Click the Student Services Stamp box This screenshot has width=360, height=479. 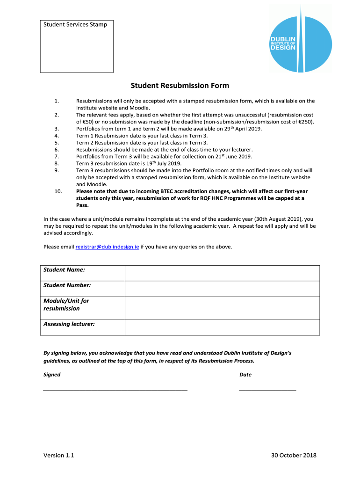point(77,46)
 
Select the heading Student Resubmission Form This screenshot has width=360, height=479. point(180,86)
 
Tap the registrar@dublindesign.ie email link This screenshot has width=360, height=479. point(107,247)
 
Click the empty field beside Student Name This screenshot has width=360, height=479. point(222,273)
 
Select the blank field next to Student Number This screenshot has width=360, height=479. point(222,289)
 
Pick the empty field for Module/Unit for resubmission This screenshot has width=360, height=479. point(222,308)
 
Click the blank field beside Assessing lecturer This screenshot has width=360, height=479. point(222,327)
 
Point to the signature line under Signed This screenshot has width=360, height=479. point(115,390)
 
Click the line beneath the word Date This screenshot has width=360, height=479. point(267,390)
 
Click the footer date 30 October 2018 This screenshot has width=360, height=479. point(294,456)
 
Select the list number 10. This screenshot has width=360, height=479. point(58,191)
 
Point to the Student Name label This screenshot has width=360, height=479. point(64,270)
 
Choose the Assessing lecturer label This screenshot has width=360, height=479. point(69,324)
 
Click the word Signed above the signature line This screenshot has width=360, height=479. point(52,375)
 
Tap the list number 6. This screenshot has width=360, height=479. point(56,149)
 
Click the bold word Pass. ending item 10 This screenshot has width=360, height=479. point(82,205)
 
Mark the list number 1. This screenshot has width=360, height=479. point(56,101)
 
